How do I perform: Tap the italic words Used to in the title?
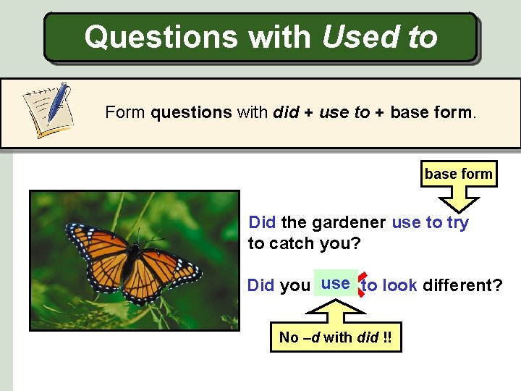[x=379, y=36]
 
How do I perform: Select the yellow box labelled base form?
[x=458, y=174]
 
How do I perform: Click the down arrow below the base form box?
[x=458, y=201]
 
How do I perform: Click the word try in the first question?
[x=457, y=223]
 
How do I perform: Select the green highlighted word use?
[x=336, y=284]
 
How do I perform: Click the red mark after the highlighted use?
[x=362, y=285]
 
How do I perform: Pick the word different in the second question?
[x=462, y=285]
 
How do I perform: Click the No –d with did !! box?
[x=336, y=337]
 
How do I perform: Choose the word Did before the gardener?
[x=262, y=223]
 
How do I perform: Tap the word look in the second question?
[x=399, y=285]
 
